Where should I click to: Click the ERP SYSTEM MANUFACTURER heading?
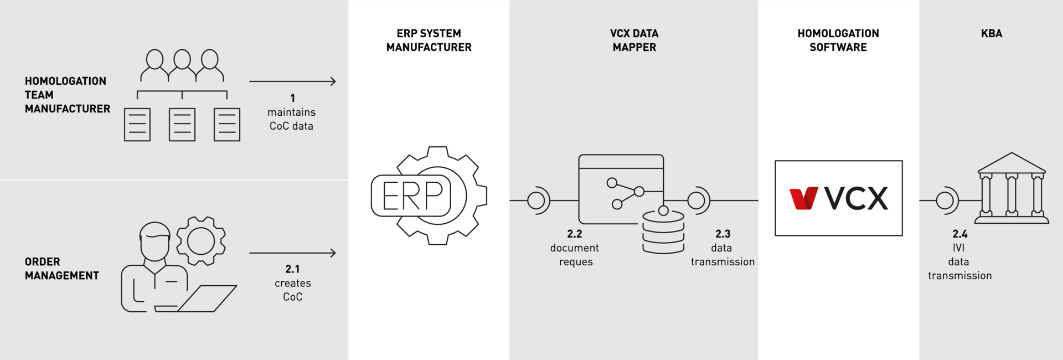(x=429, y=40)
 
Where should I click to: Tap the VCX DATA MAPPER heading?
(x=634, y=40)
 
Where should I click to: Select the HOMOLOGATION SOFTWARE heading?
(x=838, y=40)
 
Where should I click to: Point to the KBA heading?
(x=991, y=34)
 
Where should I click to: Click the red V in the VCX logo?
(x=803, y=198)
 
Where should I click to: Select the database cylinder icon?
(x=663, y=232)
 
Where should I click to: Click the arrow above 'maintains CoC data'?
(x=292, y=81)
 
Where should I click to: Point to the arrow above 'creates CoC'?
(x=292, y=253)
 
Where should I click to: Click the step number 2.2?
(x=575, y=234)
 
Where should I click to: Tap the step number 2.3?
(x=723, y=234)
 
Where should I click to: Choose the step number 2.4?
(x=960, y=234)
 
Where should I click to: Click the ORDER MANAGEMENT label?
(x=61, y=269)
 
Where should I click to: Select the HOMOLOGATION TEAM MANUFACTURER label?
(x=67, y=95)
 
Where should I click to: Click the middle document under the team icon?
(x=182, y=125)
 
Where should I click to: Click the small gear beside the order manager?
(x=201, y=241)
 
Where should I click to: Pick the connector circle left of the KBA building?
(x=945, y=200)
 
